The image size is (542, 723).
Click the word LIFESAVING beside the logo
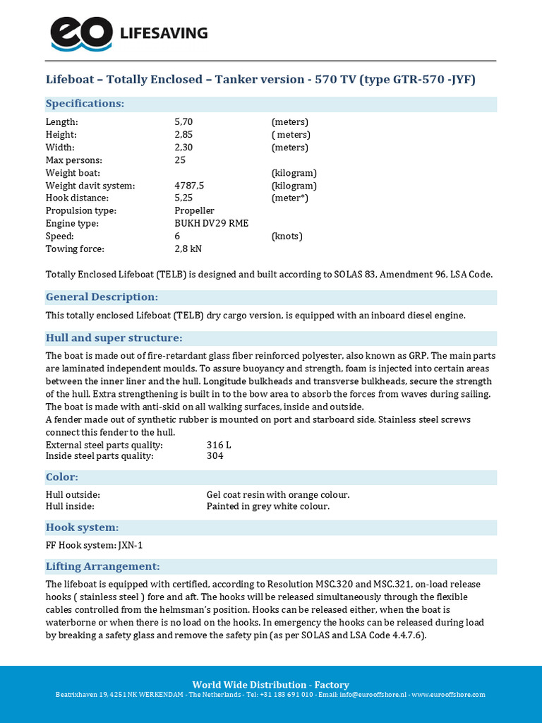tap(164, 33)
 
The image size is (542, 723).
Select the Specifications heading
tap(85, 104)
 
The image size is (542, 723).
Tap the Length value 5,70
tap(183, 122)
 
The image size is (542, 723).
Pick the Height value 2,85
tap(183, 135)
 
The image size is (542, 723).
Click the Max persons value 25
tap(180, 160)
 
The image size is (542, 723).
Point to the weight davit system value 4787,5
tap(189, 186)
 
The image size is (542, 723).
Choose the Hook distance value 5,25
tap(183, 198)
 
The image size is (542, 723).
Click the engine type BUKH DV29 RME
tap(211, 224)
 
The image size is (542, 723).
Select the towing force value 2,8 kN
tap(188, 249)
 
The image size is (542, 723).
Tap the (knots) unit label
tap(287, 237)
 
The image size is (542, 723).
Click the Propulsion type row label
tap(81, 211)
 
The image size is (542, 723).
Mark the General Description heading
tap(102, 297)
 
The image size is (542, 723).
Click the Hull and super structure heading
tap(114, 338)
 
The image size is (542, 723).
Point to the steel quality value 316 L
tap(219, 446)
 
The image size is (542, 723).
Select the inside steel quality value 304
tap(215, 456)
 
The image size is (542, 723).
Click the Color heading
tap(62, 477)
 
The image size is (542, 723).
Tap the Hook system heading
tap(82, 527)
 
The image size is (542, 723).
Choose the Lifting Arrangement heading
tap(102, 566)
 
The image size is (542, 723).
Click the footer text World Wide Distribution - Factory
tap(271, 685)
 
